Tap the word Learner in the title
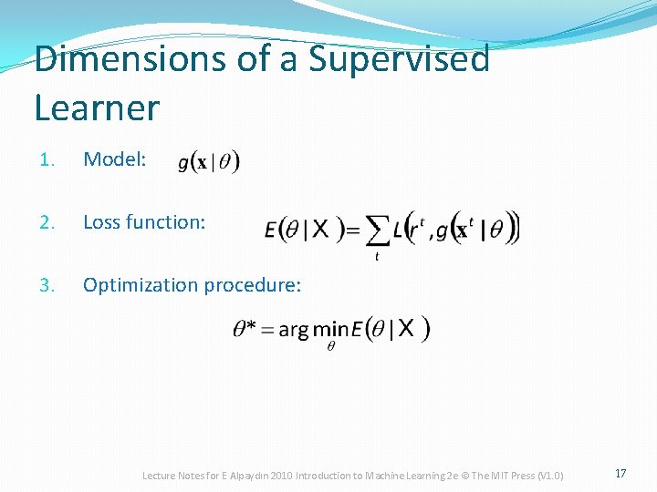pos(97,108)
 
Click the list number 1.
pos(47,159)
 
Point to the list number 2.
pos(47,221)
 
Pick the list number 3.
pos(47,285)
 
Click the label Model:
pos(114,159)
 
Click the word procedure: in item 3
pos(252,285)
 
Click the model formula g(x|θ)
pos(209,162)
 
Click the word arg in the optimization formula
pos(293,331)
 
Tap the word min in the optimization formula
pos(326,329)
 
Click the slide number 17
pos(620,474)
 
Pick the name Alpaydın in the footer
pos(244,476)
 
